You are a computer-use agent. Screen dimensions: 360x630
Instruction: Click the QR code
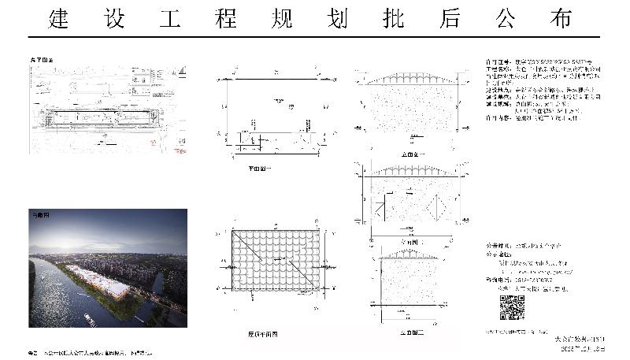512,308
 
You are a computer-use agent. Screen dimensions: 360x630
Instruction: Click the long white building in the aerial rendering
98,279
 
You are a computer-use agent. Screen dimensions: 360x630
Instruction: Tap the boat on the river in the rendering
89,318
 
